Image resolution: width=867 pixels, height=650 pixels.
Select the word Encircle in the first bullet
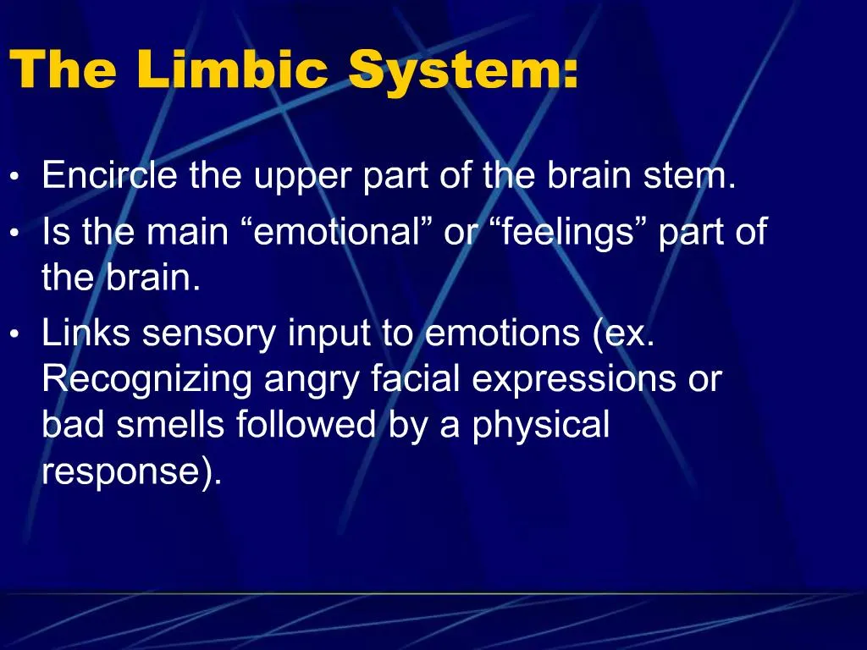click(x=110, y=176)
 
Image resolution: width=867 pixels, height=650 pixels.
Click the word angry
click(x=313, y=379)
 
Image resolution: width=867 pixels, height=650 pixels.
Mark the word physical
click(x=541, y=425)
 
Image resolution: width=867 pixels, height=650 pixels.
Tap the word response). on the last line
click(x=132, y=471)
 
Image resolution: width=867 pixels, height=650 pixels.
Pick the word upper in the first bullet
click(x=301, y=176)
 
